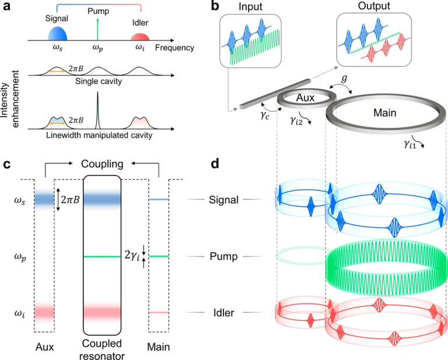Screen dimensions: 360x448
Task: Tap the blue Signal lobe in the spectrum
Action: coord(57,33)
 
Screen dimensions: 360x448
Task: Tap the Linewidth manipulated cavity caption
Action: coord(98,136)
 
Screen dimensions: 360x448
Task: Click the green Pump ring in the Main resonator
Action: coord(384,257)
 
